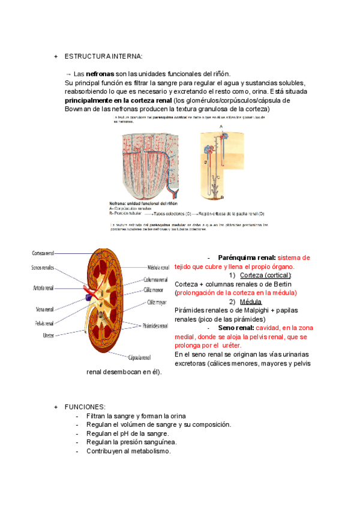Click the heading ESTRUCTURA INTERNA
(x=103, y=56)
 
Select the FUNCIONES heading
(x=85, y=407)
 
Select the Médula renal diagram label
(x=160, y=267)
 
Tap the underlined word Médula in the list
(x=250, y=302)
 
